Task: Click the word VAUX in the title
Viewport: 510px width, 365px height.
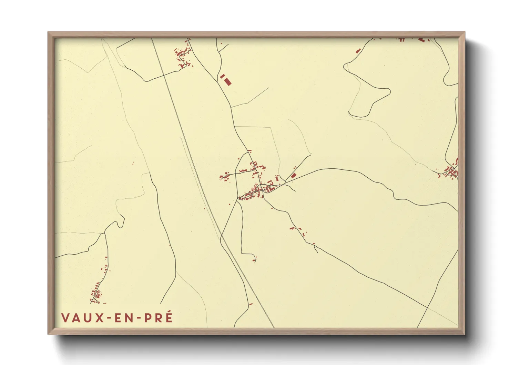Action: click(82, 318)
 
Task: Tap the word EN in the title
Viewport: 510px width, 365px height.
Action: click(122, 318)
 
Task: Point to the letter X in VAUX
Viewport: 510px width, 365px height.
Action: click(99, 318)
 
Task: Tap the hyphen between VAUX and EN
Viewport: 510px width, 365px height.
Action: click(108, 318)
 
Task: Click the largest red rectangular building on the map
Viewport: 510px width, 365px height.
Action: click(227, 81)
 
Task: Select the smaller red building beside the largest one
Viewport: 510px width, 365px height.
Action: click(222, 76)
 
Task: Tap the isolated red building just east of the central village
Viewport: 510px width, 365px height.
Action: click(293, 176)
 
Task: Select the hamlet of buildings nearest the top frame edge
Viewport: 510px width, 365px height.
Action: click(183, 55)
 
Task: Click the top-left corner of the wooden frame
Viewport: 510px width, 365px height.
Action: click(49, 33)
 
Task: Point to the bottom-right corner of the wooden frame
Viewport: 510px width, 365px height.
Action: click(464, 334)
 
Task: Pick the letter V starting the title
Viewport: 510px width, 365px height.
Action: click(65, 318)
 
